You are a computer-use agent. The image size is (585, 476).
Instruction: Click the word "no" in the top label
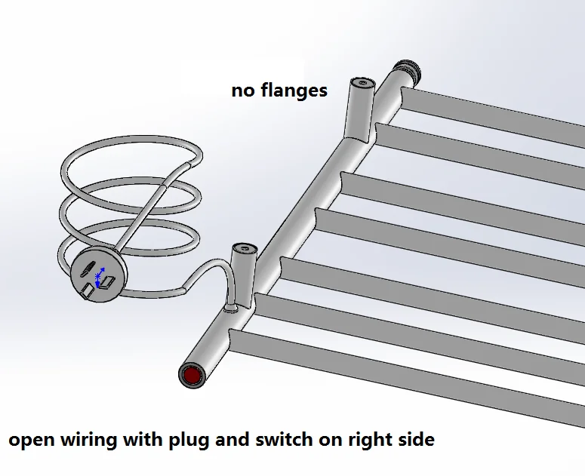[x=243, y=91]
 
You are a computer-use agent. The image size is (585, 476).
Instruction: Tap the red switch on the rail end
[x=192, y=376]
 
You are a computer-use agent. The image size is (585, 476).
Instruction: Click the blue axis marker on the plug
[x=99, y=277]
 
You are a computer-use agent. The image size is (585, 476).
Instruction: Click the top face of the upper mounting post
[x=363, y=83]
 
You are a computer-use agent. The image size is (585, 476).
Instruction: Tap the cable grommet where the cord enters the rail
[x=231, y=309]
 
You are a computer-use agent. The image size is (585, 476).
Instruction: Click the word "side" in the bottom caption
[x=414, y=439]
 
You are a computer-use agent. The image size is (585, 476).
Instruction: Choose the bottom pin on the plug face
[x=88, y=290]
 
